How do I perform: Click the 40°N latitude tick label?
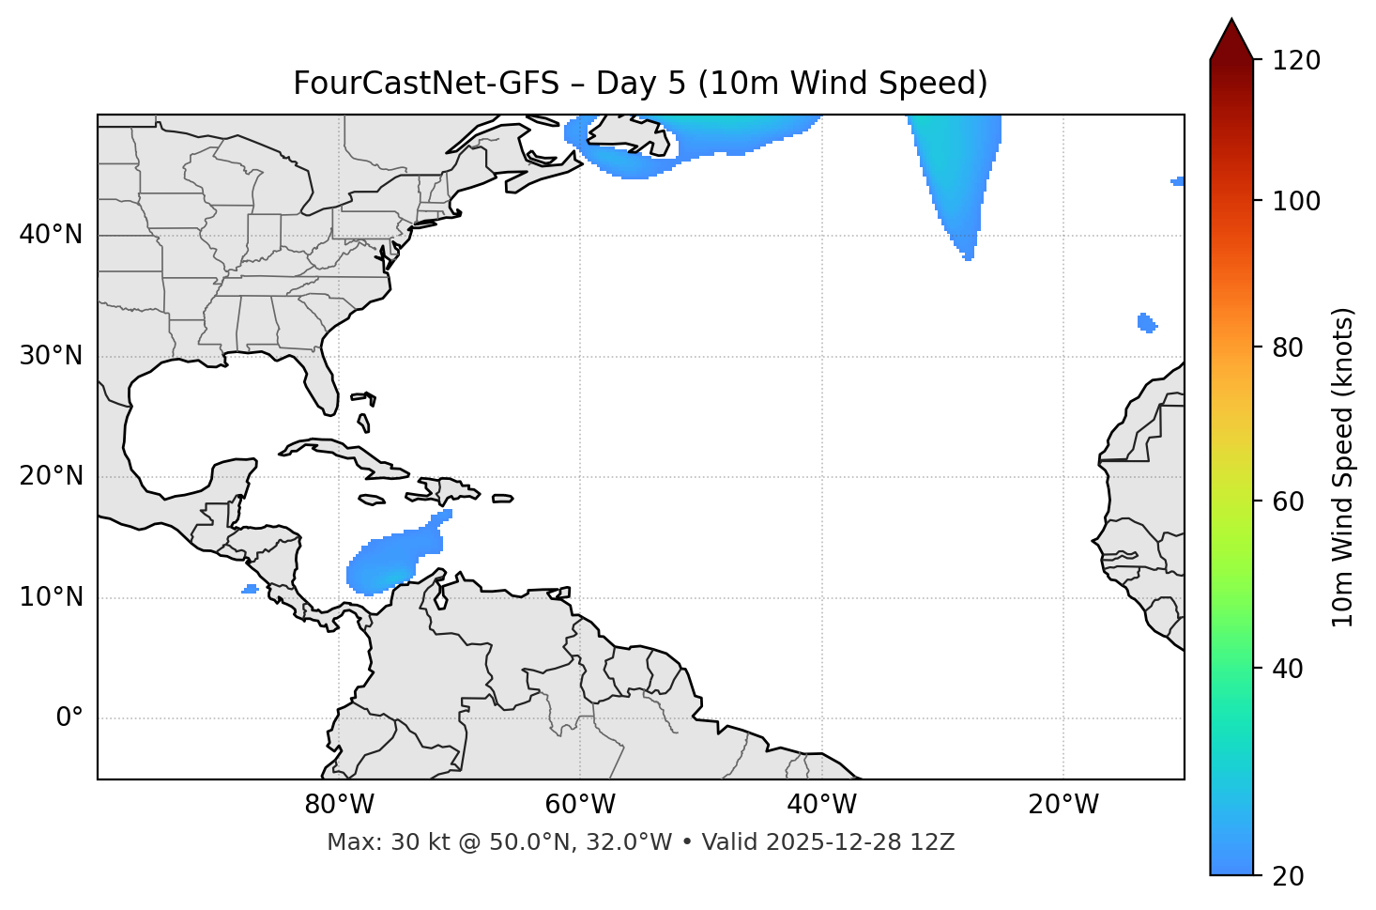pyautogui.click(x=51, y=235)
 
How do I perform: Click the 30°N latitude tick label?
pyautogui.click(x=51, y=356)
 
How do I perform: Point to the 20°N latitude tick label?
pyautogui.click(x=51, y=476)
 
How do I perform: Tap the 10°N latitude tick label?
pyautogui.click(x=51, y=597)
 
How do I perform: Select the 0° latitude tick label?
pyautogui.click(x=69, y=718)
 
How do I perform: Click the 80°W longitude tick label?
pyautogui.click(x=339, y=805)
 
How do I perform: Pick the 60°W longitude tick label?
pyautogui.click(x=580, y=805)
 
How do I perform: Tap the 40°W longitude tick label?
pyautogui.click(x=821, y=805)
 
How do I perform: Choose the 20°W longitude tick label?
pyautogui.click(x=1063, y=805)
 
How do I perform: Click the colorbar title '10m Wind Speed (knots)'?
pyautogui.click(x=1343, y=468)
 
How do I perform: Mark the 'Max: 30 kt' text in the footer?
pyautogui.click(x=375, y=842)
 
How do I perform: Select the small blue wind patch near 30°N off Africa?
pyautogui.click(x=1146, y=323)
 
